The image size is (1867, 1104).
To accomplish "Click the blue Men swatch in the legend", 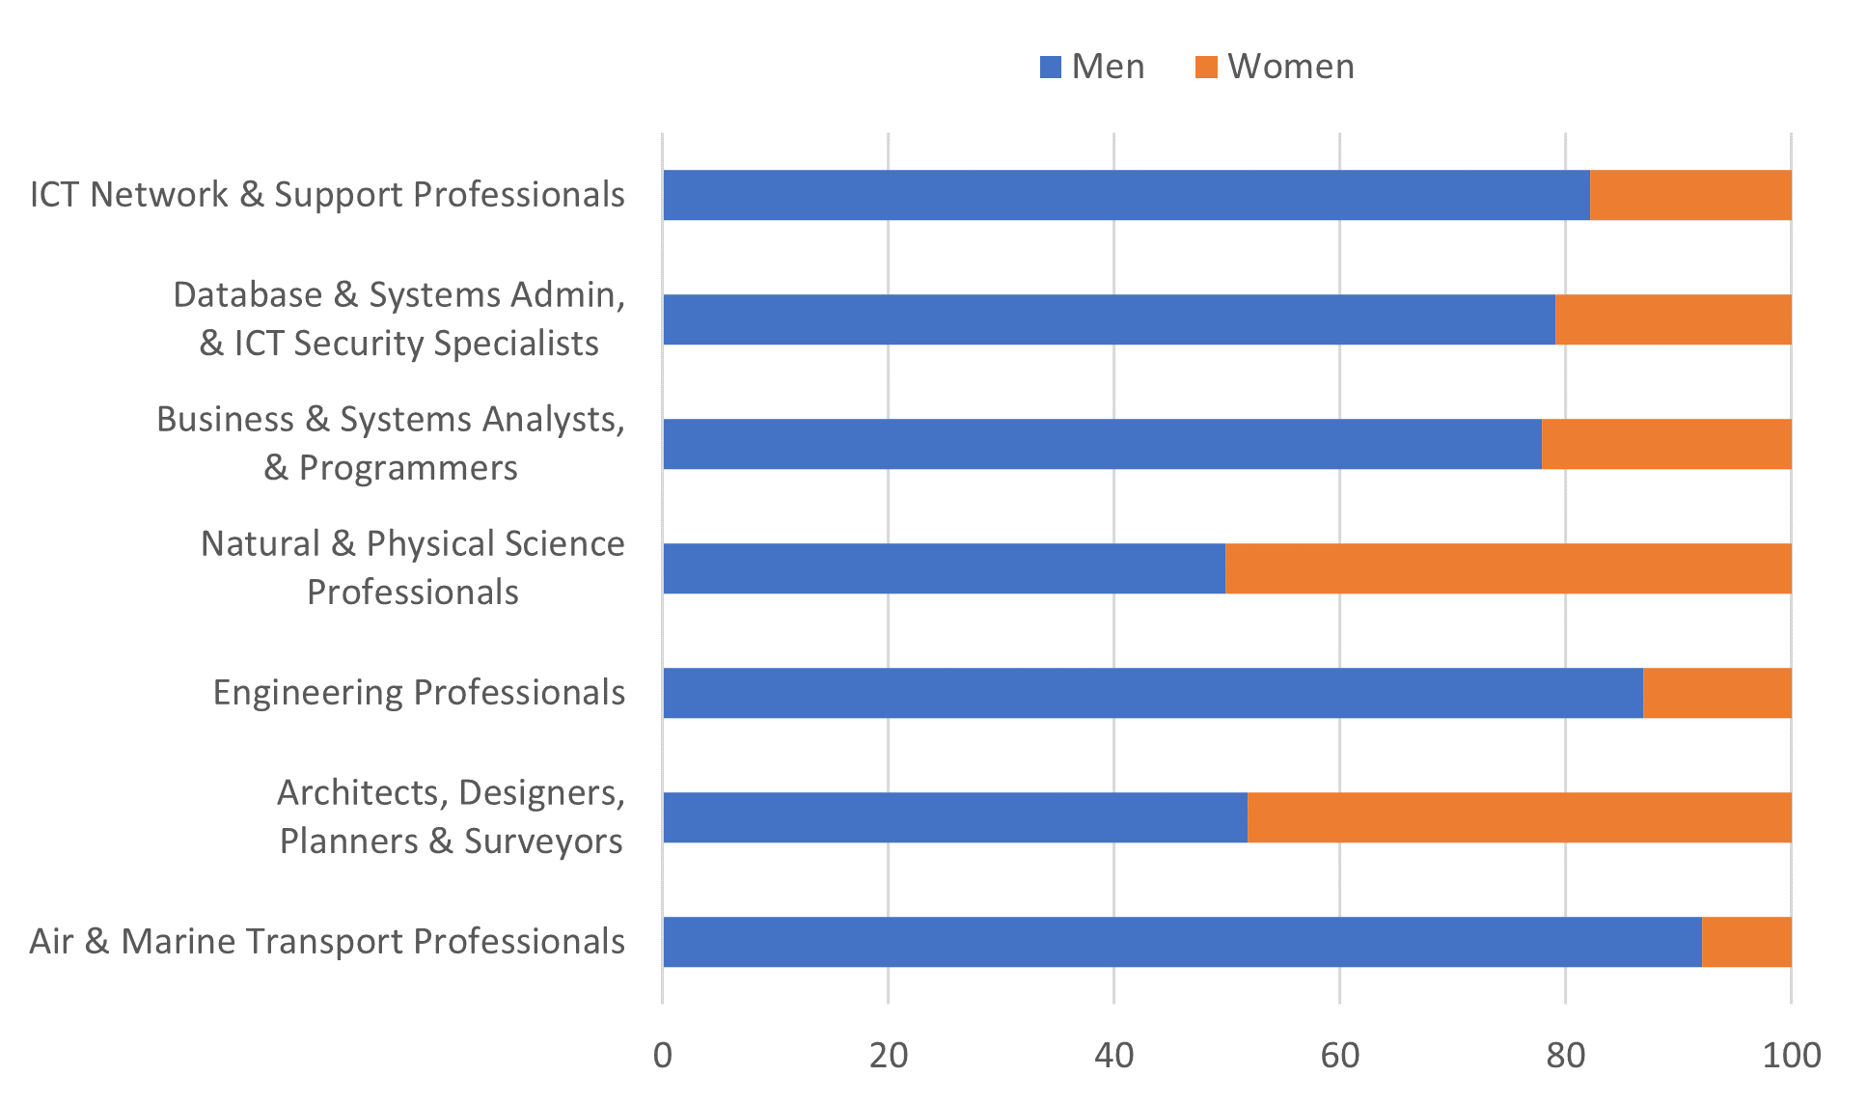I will click(x=1051, y=68).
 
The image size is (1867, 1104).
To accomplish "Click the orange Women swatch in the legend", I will click(x=1206, y=68).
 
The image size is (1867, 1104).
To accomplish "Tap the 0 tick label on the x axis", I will click(x=662, y=1056).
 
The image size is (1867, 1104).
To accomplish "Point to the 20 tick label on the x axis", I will click(x=888, y=1056).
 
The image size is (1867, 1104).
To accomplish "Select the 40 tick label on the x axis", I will click(x=1113, y=1056).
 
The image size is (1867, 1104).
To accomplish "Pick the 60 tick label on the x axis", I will click(x=1339, y=1056).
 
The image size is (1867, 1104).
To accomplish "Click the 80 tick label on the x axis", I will click(x=1565, y=1056).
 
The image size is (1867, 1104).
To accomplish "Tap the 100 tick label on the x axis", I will click(x=1791, y=1056).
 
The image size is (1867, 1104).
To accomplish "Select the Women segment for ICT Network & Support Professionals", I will click(x=1690, y=195).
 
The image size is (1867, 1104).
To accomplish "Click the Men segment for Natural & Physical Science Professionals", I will click(x=944, y=568).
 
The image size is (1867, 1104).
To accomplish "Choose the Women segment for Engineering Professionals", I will click(x=1717, y=693).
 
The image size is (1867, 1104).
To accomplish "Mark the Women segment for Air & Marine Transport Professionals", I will click(x=1746, y=942).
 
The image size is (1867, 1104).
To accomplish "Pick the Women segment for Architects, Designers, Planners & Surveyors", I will click(x=1520, y=817).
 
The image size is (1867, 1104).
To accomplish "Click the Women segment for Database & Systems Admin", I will click(x=1673, y=319).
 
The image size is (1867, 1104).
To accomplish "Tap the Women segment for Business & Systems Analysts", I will click(x=1666, y=444).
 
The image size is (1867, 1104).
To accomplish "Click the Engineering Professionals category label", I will click(x=419, y=693).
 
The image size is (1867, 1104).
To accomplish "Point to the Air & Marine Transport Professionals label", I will click(x=327, y=942).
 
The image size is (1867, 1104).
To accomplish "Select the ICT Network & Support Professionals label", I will click(x=327, y=195).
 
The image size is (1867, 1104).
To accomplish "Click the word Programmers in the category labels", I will click(x=408, y=468).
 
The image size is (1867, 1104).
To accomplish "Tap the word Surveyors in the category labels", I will click(x=543, y=842).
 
